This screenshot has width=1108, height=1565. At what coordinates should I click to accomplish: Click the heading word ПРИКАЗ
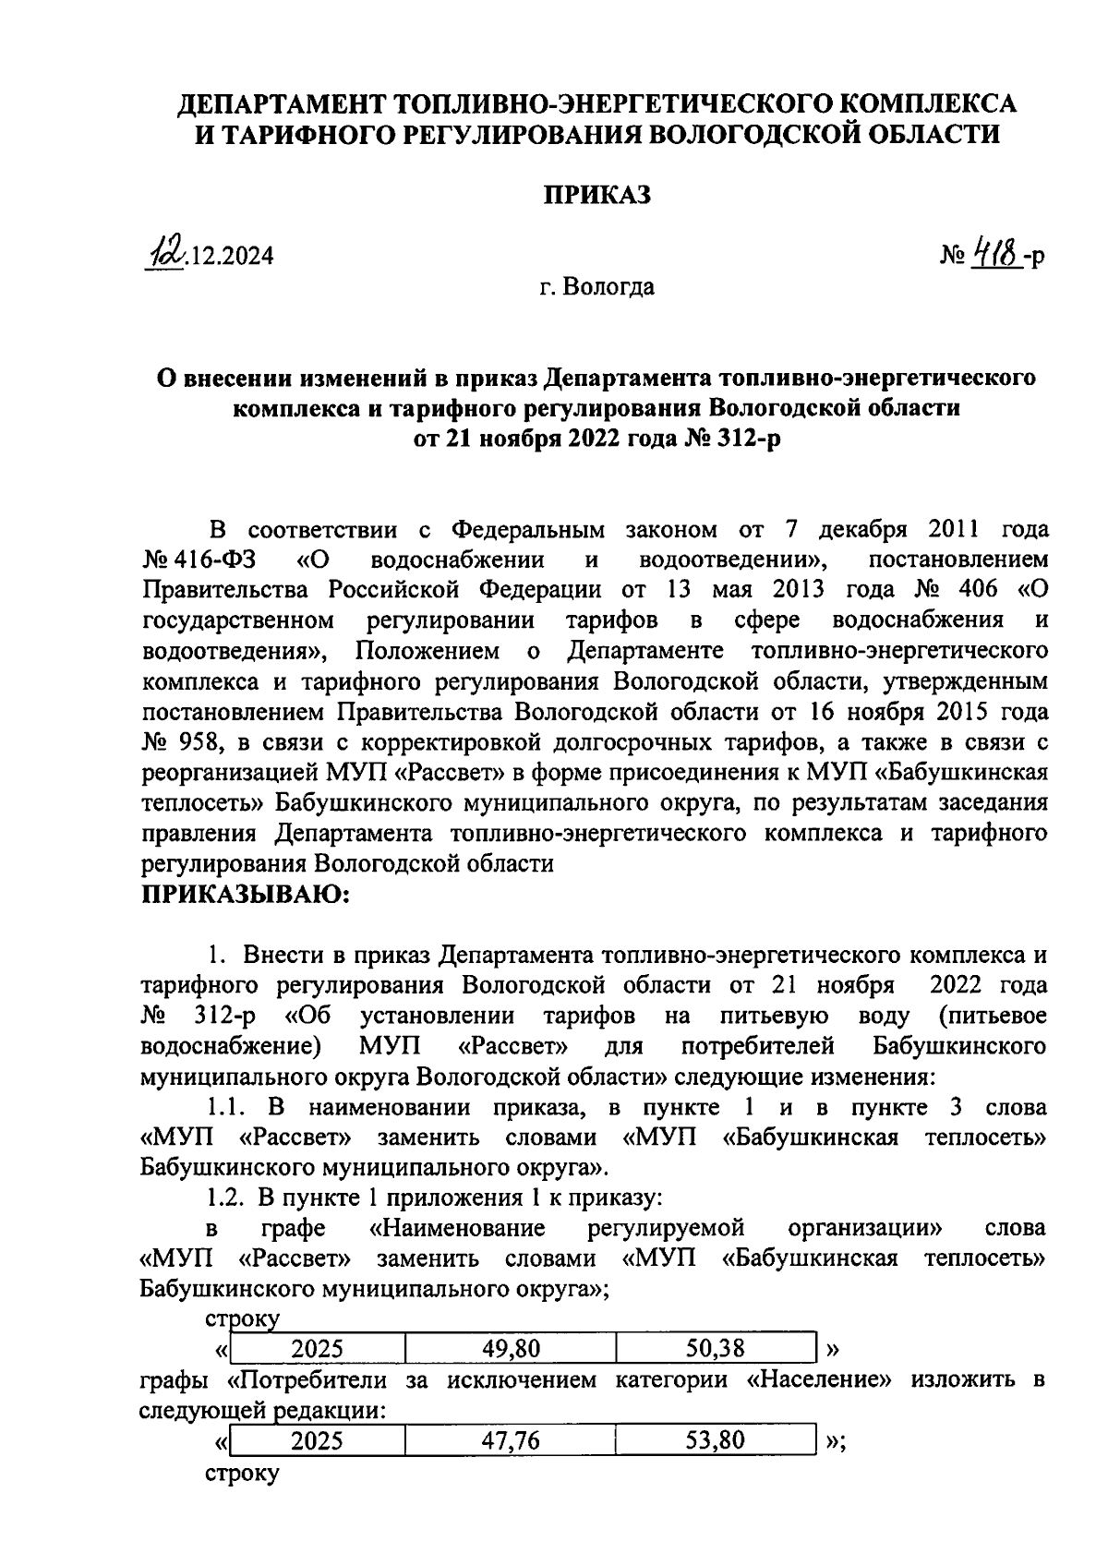tap(596, 196)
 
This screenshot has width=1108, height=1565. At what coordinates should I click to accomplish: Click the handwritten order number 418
tap(999, 252)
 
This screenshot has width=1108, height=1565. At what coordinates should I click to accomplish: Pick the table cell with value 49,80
tap(511, 1349)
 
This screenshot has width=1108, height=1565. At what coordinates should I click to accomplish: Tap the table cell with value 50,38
tap(716, 1349)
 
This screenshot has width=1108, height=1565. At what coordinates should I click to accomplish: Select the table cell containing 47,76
tap(511, 1440)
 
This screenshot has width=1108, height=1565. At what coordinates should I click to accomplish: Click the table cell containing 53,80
tap(716, 1440)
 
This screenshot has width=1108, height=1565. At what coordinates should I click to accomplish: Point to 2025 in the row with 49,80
tap(317, 1349)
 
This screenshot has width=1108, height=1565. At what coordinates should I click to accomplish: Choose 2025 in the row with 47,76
tap(317, 1440)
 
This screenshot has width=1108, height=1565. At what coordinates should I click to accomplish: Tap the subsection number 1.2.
tap(225, 1198)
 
